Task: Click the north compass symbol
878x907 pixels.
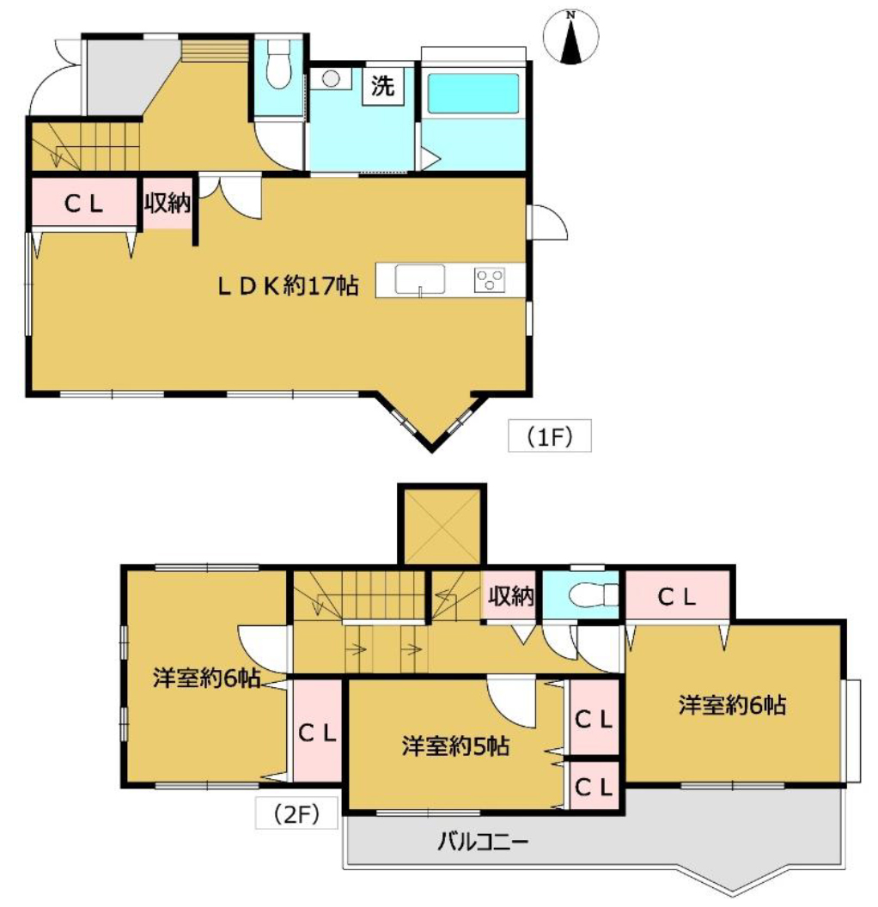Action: coord(570,36)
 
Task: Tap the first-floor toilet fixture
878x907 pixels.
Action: coord(279,64)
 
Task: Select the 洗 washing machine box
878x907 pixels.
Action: coord(383,86)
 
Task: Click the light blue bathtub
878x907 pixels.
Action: coord(473,93)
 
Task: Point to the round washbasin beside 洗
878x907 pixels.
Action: coord(331,79)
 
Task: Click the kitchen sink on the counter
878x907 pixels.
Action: coord(420,280)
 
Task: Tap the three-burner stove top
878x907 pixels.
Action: coord(490,279)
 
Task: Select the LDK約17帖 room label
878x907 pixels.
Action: coord(288,286)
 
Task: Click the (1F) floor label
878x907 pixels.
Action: coord(550,436)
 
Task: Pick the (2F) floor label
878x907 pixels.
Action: coord(296,814)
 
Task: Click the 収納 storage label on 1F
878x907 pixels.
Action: coord(168,203)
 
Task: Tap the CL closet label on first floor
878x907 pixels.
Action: coord(84,203)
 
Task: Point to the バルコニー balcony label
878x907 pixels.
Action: coord(482,841)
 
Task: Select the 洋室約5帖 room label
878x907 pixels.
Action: coord(456,746)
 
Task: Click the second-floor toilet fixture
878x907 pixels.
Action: coord(594,594)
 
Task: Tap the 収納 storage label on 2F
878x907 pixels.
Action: coord(510,596)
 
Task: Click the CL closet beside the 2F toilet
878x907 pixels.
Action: coord(677,596)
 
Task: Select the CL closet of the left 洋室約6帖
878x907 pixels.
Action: coord(318,733)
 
